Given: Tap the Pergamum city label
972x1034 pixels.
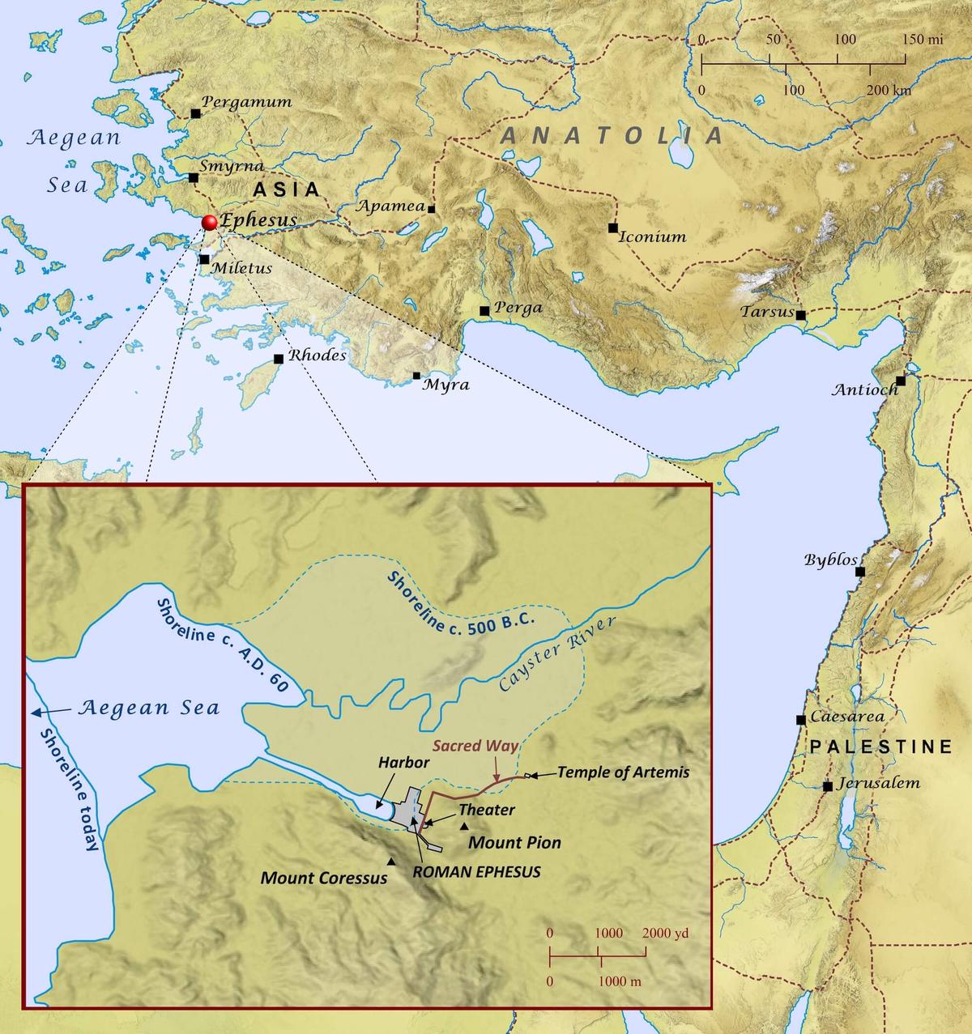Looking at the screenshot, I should click(x=246, y=102).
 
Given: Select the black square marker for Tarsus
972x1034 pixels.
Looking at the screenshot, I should click(x=800, y=315).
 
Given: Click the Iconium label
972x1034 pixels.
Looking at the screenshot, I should click(x=652, y=237).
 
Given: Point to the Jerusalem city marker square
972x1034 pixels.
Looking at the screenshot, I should click(x=827, y=786).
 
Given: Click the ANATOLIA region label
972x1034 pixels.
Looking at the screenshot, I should click(x=612, y=135).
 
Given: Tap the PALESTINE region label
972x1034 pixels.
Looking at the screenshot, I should click(x=881, y=747).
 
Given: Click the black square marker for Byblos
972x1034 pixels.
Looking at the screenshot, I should click(x=860, y=572).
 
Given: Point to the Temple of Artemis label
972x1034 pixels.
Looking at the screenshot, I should click(x=623, y=772).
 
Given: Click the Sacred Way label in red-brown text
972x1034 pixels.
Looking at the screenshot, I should click(x=475, y=745).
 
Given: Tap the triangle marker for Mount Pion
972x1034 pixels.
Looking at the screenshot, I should click(x=464, y=826).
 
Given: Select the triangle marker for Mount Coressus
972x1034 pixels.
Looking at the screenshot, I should click(x=392, y=862).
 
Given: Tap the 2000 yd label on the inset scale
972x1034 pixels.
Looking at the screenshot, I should click(x=666, y=933).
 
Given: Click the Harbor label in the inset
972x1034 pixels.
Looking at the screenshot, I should click(x=402, y=762).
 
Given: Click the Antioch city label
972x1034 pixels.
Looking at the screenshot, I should click(x=865, y=390).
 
